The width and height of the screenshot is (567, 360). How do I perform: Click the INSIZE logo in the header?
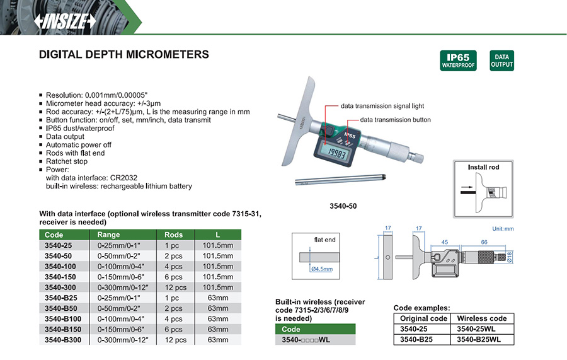click(x=66, y=21)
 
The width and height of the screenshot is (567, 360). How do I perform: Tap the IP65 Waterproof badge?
click(x=458, y=61)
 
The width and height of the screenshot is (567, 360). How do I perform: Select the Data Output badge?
click(x=501, y=61)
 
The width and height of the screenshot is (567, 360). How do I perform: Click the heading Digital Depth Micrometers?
click(x=124, y=55)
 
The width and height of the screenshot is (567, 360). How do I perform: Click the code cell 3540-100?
click(x=59, y=266)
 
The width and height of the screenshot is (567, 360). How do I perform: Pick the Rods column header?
click(x=173, y=235)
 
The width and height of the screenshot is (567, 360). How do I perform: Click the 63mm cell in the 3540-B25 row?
click(x=217, y=298)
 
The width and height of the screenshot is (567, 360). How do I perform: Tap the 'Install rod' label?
click(x=483, y=168)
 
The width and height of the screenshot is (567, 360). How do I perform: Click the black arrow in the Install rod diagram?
click(x=467, y=187)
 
